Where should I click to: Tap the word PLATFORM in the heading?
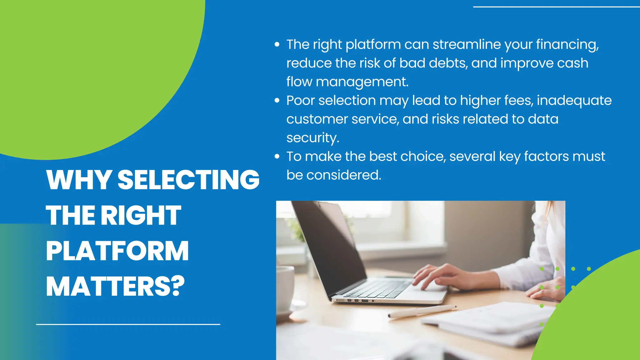pyautogui.click(x=117, y=251)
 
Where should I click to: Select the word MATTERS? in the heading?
pyautogui.click(x=115, y=287)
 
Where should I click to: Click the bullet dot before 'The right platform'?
pyautogui.click(x=277, y=44)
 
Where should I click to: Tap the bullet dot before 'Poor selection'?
pyautogui.click(x=277, y=100)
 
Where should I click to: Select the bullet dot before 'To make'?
pyautogui.click(x=277, y=156)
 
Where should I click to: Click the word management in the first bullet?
pyautogui.click(x=362, y=82)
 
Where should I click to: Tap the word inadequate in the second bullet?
pyautogui.click(x=574, y=100)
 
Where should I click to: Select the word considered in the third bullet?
pyautogui.click(x=343, y=175)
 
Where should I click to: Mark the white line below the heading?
pyautogui.click(x=128, y=324)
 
